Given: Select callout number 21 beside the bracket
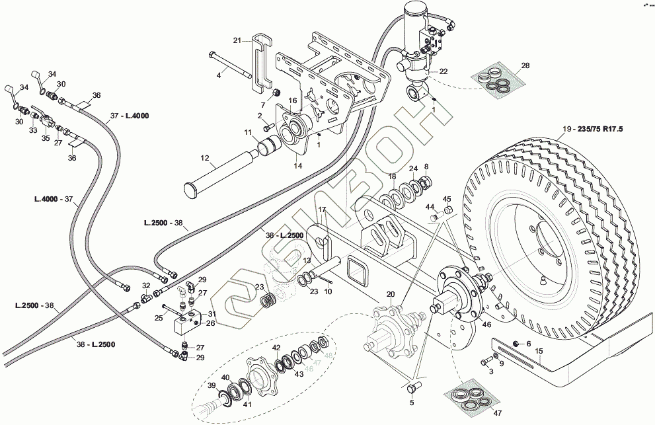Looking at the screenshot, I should pos(237,41).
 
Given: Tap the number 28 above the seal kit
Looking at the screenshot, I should pos(525,65).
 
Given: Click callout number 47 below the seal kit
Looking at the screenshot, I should pos(497,413).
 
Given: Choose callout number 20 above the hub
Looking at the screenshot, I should pos(390,294).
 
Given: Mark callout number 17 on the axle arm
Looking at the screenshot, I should pos(323,210).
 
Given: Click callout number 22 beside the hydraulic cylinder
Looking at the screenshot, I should pos(443,71).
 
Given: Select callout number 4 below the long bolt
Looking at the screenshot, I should pos(219,75).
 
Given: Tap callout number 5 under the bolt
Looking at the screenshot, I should pos(411,402).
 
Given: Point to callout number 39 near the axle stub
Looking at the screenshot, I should pos(212,385).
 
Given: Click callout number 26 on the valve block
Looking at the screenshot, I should pos(211,323).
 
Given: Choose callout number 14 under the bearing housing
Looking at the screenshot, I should pos(298,166).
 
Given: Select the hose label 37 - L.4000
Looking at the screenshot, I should pos(130,116).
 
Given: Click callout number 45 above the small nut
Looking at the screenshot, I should pos(447,199).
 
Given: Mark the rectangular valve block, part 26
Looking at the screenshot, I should pos(186,322).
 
